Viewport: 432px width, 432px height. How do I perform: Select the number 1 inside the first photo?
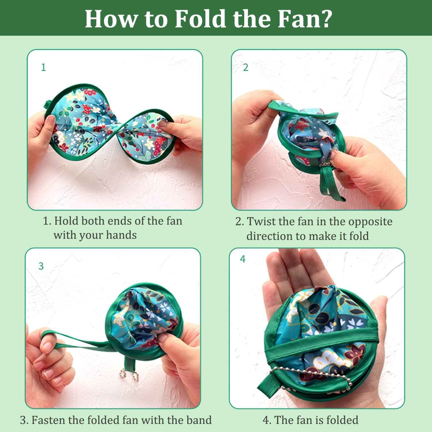[43, 67]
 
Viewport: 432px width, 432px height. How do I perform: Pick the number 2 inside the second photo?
[245, 67]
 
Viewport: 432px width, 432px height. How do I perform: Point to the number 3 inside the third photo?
[41, 266]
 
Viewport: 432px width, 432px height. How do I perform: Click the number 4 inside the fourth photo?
[243, 259]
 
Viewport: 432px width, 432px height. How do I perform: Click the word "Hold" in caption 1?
[66, 221]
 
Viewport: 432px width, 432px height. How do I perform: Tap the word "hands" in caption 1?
[121, 235]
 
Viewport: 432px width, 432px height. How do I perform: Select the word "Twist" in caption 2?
[260, 221]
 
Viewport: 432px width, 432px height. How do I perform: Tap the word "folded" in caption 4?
[342, 420]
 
